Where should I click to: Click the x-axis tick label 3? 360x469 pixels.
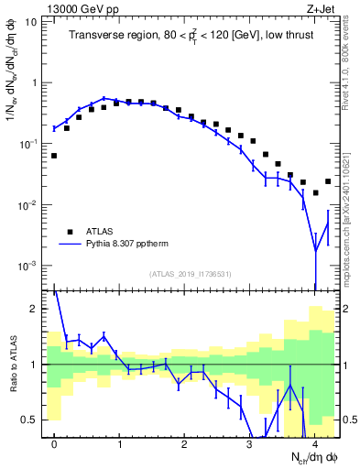249,442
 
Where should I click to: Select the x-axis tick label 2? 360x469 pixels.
184,442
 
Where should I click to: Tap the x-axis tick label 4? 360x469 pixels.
314,442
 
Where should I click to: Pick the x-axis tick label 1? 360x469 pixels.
119,442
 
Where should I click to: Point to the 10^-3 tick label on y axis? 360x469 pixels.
27,266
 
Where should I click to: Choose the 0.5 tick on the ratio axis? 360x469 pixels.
29,420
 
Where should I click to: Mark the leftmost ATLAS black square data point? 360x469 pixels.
54,156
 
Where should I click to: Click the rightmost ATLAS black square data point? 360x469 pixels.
328,181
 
